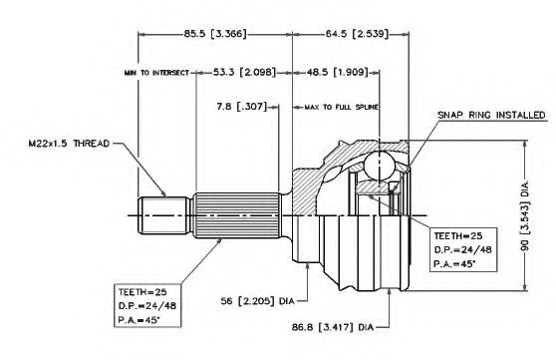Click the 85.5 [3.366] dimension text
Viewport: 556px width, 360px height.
coord(214,34)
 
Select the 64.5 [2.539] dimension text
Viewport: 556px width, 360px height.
coord(357,34)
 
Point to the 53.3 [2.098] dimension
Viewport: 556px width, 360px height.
coord(244,73)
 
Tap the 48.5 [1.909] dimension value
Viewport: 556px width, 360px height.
coord(337,73)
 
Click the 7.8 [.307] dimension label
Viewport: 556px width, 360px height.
coord(241,106)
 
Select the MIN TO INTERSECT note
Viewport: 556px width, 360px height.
coord(156,73)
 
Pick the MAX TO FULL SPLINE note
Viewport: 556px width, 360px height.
coord(341,107)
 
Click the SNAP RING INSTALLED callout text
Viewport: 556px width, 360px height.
coord(491,115)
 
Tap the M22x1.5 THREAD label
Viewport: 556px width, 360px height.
coord(69,144)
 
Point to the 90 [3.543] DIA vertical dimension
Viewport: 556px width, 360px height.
coord(525,215)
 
